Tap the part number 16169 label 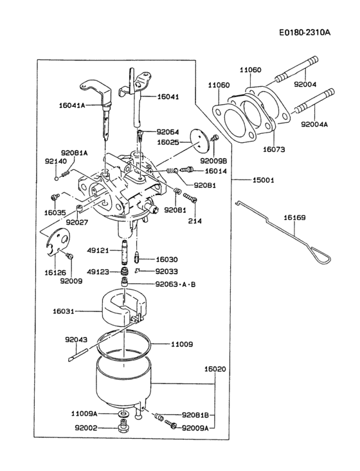coord(294,218)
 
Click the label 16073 coord(273,148)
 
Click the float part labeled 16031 coord(120,308)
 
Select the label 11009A coord(84,414)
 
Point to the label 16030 coord(166,259)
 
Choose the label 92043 coord(76,340)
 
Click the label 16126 coord(55,273)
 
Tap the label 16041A coord(71,105)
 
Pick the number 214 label coord(195,221)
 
